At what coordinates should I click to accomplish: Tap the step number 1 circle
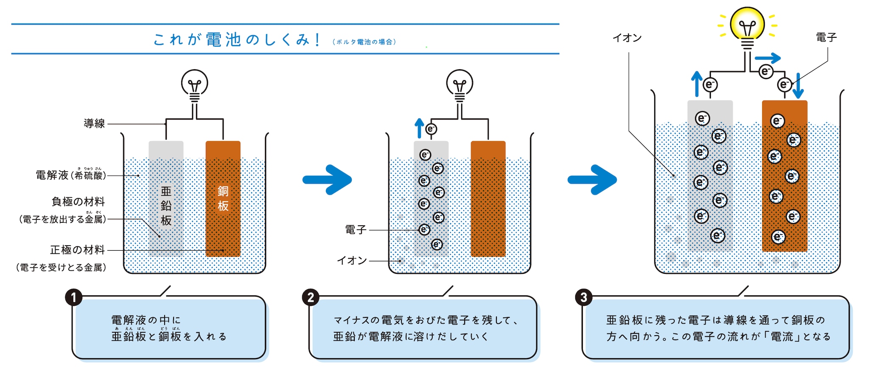click(x=74, y=297)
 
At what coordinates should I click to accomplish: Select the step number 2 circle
click(x=311, y=297)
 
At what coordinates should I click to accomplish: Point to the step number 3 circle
click(x=583, y=297)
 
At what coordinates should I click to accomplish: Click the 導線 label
click(x=94, y=123)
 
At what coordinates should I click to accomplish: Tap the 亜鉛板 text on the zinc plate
click(x=166, y=206)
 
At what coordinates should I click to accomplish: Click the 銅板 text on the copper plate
click(x=223, y=199)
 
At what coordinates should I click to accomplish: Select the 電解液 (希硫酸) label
click(x=70, y=175)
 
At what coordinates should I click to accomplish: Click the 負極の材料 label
click(x=78, y=202)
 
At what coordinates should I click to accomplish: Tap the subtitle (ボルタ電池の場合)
click(x=364, y=42)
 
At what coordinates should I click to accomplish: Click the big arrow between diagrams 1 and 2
click(x=327, y=179)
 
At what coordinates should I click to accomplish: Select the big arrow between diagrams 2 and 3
click(x=592, y=179)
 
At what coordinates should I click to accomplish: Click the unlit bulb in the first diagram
click(x=194, y=84)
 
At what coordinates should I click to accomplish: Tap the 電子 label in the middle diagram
click(x=356, y=230)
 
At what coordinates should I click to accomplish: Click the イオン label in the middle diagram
click(x=352, y=261)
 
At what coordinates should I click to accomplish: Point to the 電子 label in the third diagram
click(x=826, y=37)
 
